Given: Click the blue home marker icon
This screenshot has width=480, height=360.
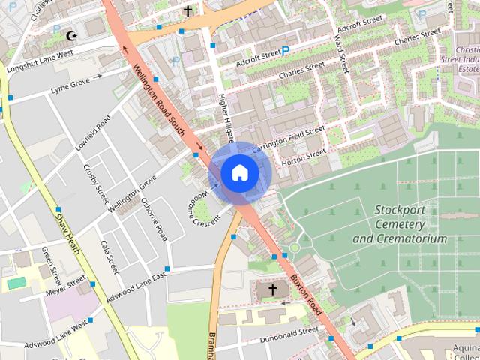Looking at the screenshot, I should (x=238, y=173).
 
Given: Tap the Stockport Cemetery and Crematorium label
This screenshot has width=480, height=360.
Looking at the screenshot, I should (x=399, y=223).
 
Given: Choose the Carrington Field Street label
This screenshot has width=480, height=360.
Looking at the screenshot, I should (x=288, y=139).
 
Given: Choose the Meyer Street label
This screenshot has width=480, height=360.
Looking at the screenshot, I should (x=65, y=286).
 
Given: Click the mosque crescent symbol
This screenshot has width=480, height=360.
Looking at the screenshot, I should (x=73, y=35).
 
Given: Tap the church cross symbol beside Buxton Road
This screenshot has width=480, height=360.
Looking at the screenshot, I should (x=272, y=289).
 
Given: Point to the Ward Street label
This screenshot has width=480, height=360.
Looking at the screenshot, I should (x=340, y=44).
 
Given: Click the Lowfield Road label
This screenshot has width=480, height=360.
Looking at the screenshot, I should (x=93, y=133).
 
